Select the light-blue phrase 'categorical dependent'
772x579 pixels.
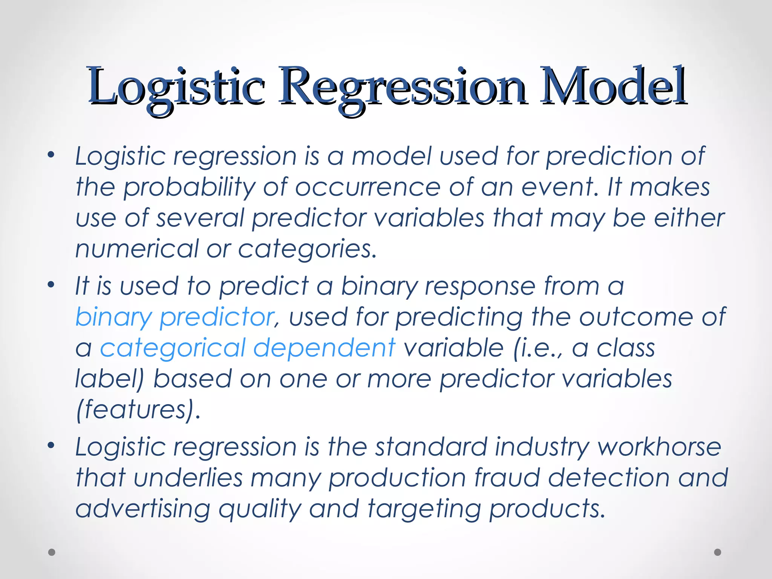248,348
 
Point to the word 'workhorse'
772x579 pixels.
659,447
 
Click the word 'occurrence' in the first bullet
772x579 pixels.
368,187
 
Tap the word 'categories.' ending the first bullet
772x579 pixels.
307,250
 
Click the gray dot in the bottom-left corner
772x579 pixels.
52,552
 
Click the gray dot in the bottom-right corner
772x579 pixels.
718,552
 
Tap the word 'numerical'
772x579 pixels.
137,249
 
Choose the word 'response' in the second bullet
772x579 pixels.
480,286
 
